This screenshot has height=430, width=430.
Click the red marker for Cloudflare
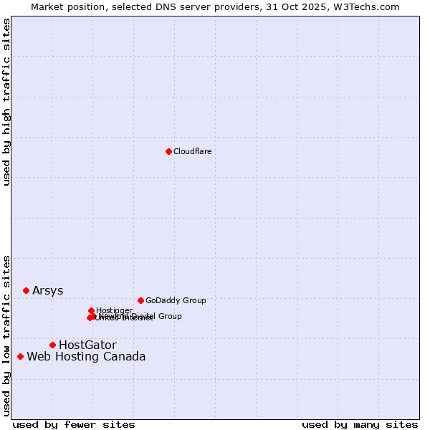click(168, 151)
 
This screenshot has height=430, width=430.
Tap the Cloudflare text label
click(192, 151)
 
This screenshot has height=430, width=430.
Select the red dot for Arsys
click(26, 290)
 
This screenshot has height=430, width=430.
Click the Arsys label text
click(47, 291)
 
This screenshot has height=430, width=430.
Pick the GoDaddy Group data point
click(140, 300)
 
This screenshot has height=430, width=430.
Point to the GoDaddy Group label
click(176, 301)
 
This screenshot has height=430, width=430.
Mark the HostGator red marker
click(52, 345)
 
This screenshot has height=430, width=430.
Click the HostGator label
click(87, 345)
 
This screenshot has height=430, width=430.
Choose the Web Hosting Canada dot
click(20, 356)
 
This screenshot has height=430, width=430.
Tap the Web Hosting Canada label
click(86, 357)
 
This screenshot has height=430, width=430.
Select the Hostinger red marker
click(91, 310)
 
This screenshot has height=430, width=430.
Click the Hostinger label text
click(114, 310)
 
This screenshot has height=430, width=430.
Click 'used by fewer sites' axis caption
click(74, 424)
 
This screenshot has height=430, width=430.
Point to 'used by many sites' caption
click(360, 424)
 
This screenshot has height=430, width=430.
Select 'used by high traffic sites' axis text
click(6, 102)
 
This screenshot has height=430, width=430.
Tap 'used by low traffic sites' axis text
click(6, 335)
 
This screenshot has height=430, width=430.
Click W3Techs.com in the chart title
click(370, 6)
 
